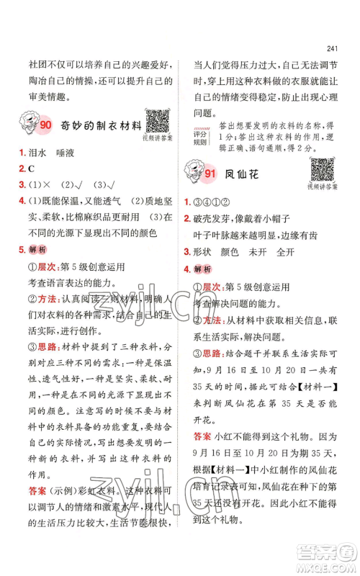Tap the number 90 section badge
coord(45,126)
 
